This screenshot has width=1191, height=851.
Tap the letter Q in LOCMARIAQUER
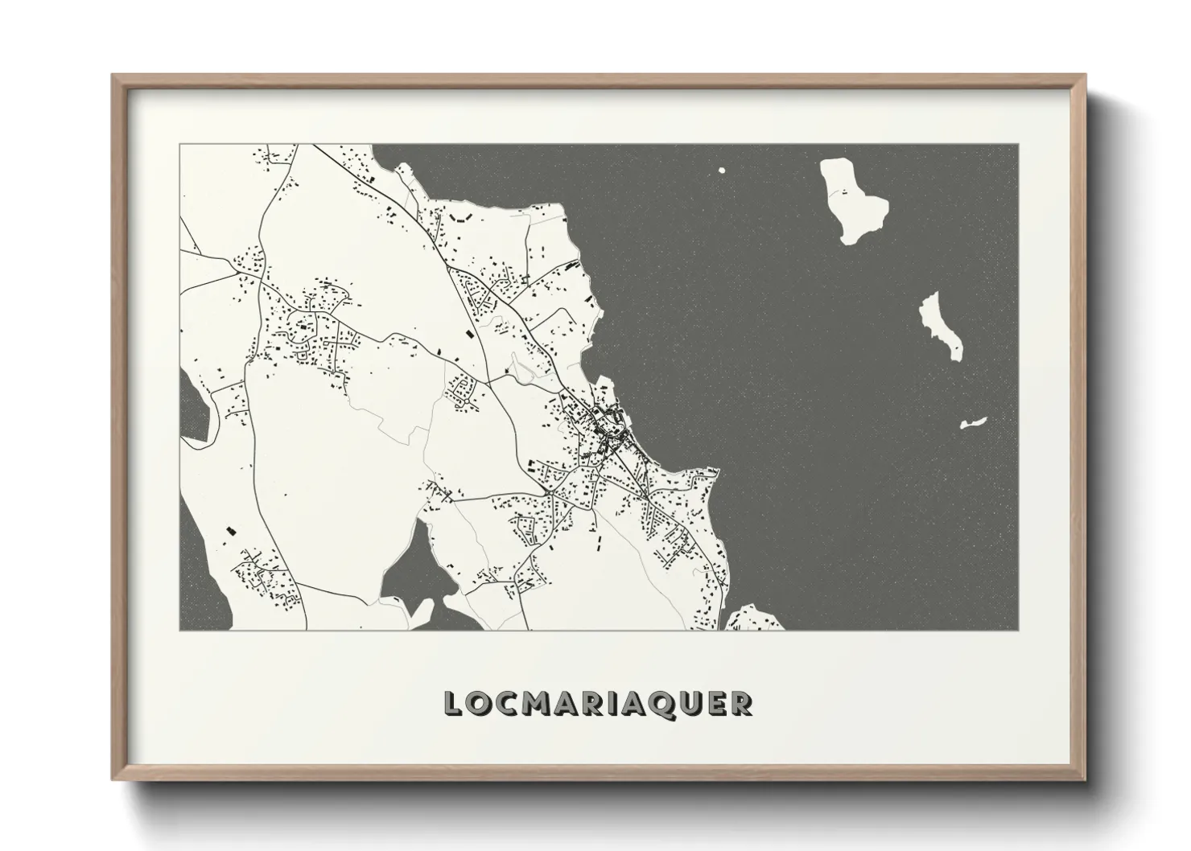661,704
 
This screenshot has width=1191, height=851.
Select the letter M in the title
537,704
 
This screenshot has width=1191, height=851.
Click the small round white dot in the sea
721,171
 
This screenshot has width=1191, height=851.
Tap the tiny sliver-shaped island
973,422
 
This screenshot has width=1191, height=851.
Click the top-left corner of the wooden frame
113,76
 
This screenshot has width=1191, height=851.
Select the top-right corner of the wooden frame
1084,76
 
